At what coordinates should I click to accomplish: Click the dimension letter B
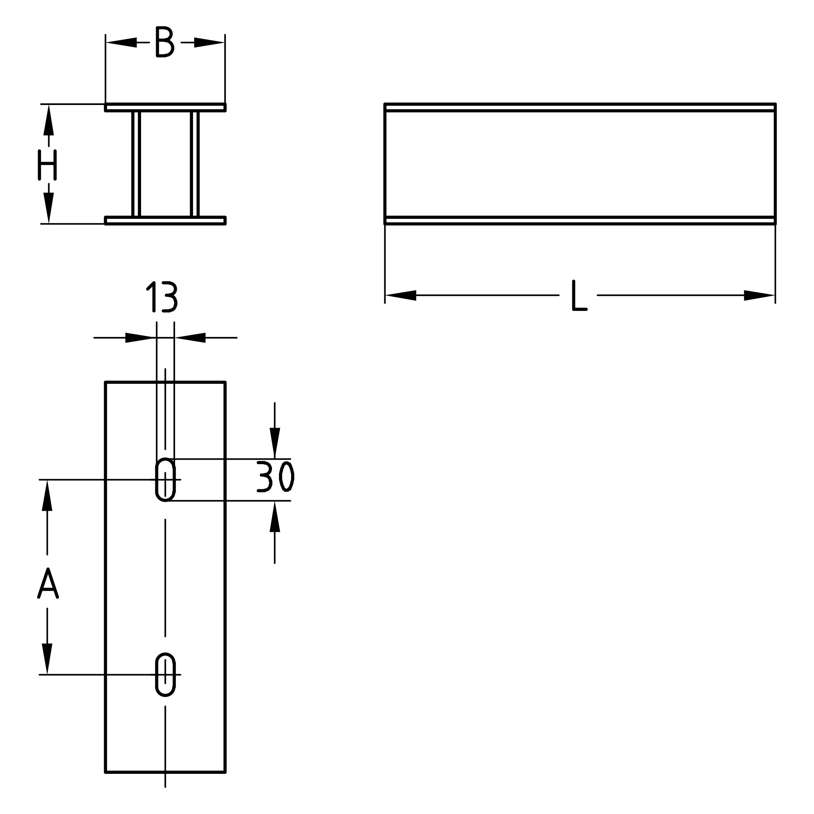(x=165, y=42)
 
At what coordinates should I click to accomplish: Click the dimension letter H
(x=47, y=165)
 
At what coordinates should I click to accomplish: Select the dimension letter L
(x=579, y=296)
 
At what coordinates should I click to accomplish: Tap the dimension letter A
(x=47, y=583)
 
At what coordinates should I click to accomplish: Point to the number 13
(x=162, y=298)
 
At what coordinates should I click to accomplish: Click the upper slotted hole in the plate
(x=165, y=480)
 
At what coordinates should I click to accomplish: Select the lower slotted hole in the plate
(x=165, y=675)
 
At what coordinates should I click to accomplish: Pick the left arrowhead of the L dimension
(x=401, y=296)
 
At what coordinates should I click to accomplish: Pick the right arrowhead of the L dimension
(x=759, y=296)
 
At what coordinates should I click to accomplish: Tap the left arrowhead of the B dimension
(x=121, y=42)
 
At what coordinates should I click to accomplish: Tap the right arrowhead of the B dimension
(x=209, y=42)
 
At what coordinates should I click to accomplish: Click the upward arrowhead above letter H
(x=49, y=120)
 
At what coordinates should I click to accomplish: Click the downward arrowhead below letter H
(x=49, y=208)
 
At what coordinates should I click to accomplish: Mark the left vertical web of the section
(x=136, y=164)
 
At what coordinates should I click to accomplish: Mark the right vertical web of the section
(x=194, y=164)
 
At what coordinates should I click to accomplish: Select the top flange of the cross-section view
(x=165, y=107)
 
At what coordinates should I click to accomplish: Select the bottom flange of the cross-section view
(x=165, y=221)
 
